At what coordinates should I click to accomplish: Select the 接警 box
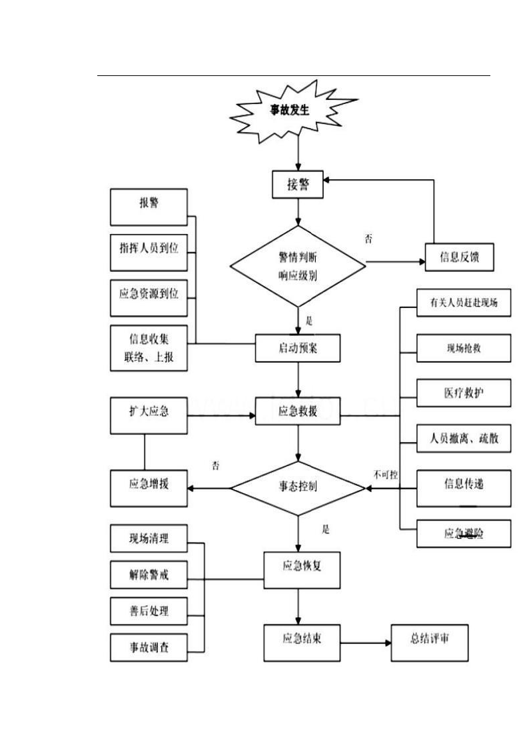coord(298,185)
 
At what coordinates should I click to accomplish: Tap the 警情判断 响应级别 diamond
coord(298,266)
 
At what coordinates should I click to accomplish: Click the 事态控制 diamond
coord(298,487)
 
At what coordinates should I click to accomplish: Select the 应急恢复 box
coord(298,567)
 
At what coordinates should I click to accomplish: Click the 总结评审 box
coord(429,641)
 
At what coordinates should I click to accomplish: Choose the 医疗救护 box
coord(464,393)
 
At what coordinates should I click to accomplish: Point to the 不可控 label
coord(386,475)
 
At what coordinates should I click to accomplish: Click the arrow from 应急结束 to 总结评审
coord(366,643)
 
